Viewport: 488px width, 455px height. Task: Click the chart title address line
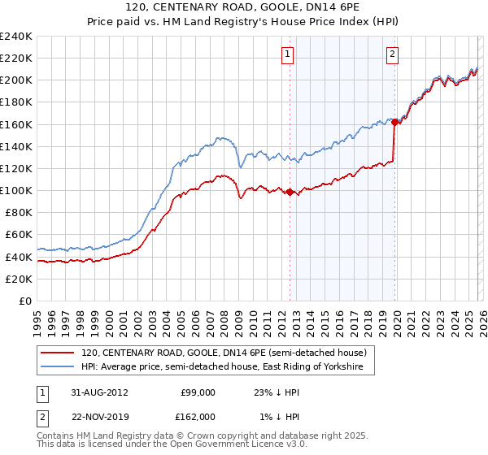(244, 7)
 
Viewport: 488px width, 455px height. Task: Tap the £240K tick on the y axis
(16, 37)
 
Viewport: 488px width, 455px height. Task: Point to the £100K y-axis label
(16, 190)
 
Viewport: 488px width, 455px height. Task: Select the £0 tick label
(24, 301)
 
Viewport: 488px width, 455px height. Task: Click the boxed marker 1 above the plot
(289, 54)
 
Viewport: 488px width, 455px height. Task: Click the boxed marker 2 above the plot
(392, 54)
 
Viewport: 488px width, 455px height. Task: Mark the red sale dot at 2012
(290, 192)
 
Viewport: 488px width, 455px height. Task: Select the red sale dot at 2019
(394, 123)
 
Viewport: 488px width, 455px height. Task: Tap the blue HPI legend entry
(227, 367)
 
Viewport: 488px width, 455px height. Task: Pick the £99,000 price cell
(198, 392)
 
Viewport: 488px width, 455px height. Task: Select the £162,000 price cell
(198, 417)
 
